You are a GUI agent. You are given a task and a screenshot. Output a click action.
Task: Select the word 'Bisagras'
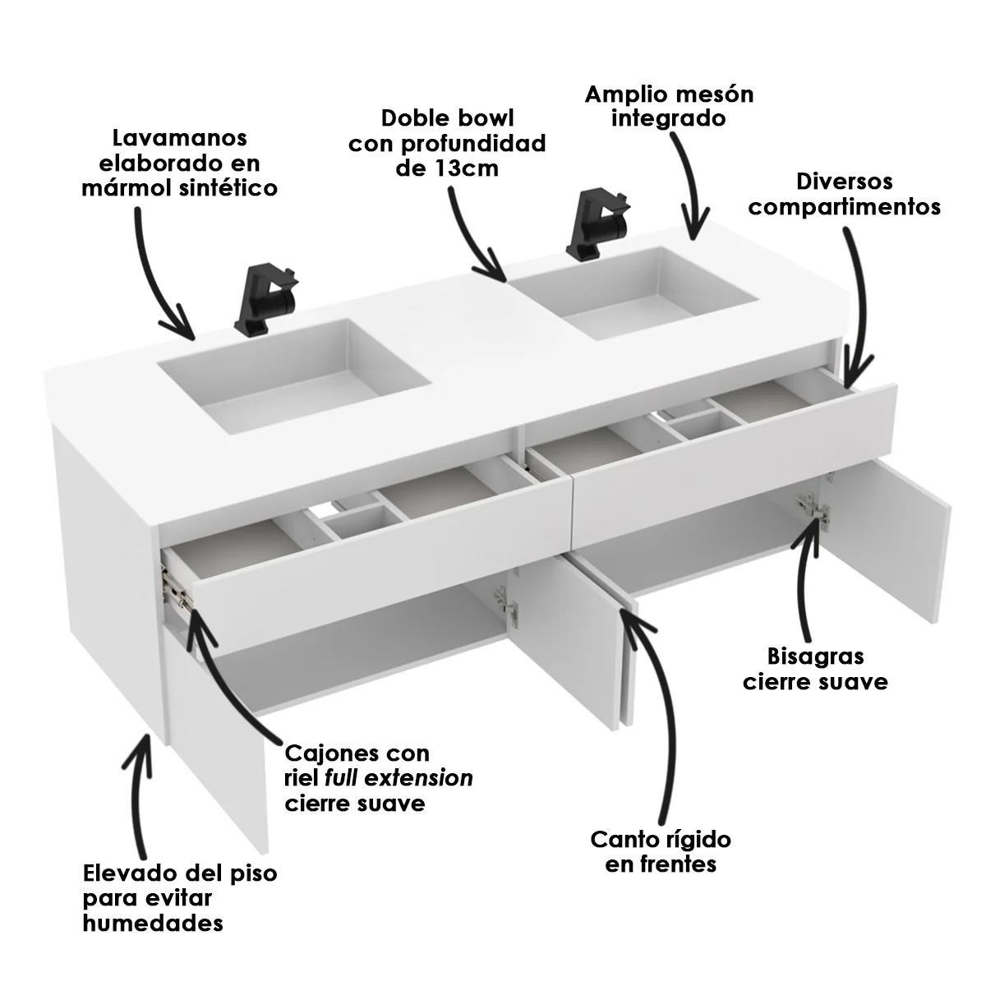point(816,657)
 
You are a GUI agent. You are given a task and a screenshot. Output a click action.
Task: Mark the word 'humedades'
point(153,923)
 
